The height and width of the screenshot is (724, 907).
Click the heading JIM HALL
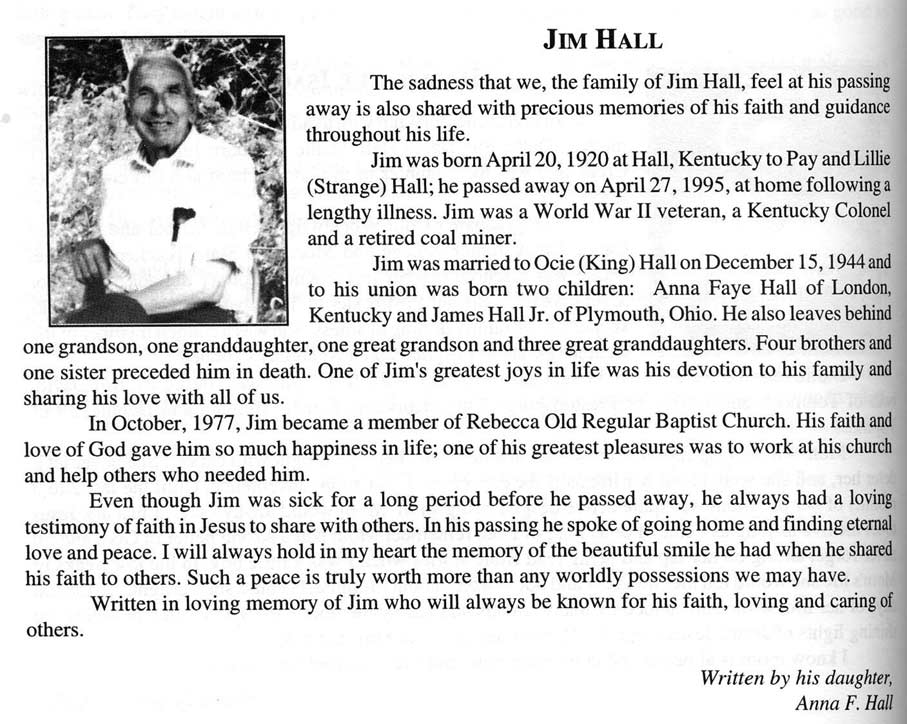pyautogui.click(x=602, y=41)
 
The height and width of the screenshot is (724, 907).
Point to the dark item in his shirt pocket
pyautogui.click(x=182, y=222)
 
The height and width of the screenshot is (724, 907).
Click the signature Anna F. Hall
pyautogui.click(x=844, y=702)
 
